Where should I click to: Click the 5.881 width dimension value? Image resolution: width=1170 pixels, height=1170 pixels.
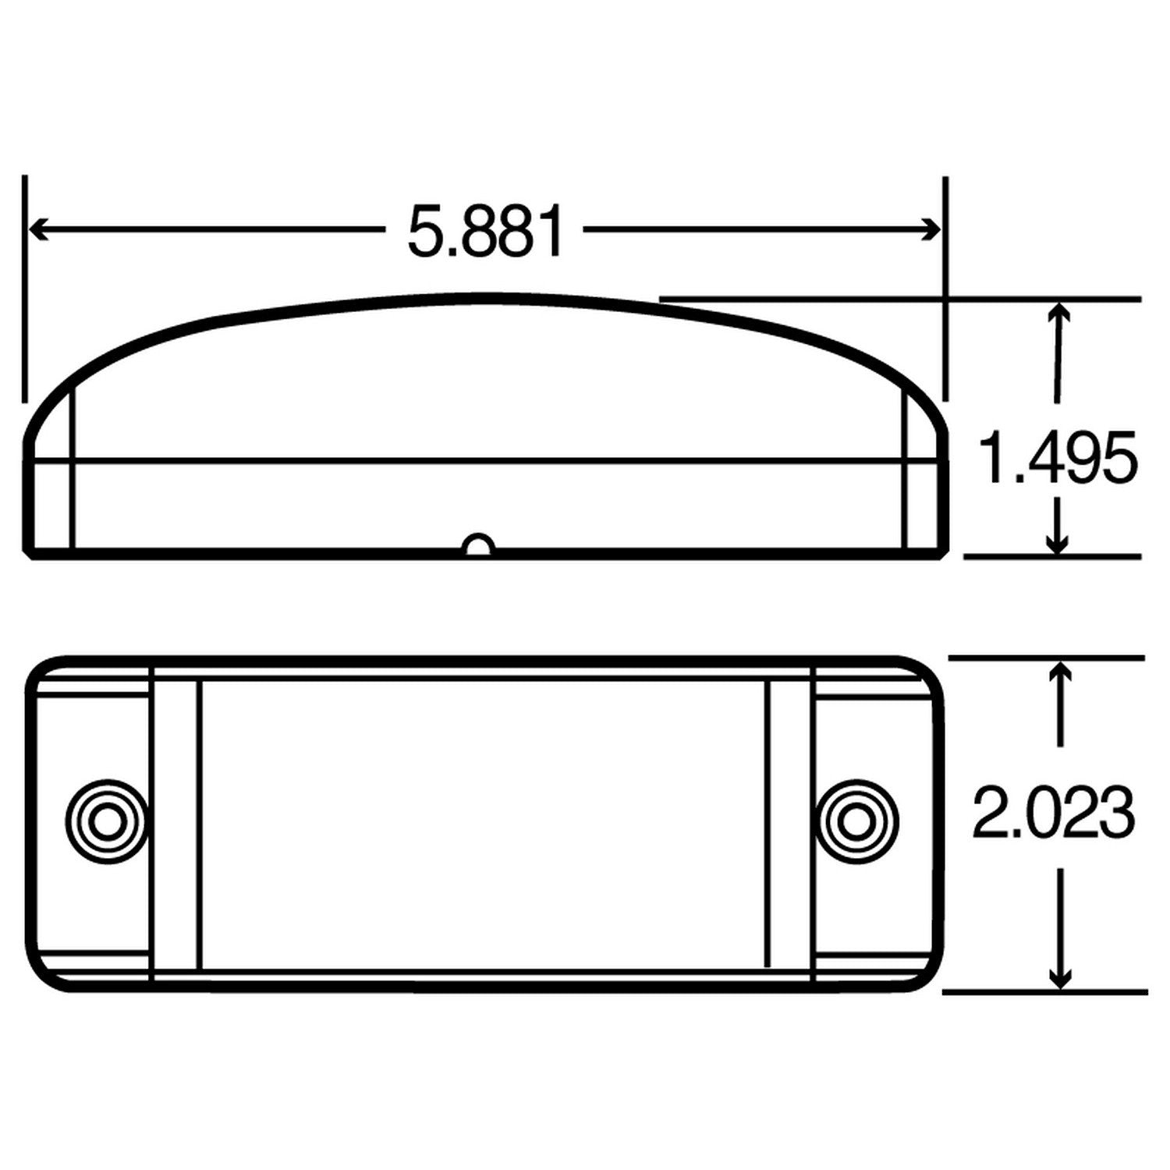tap(485, 232)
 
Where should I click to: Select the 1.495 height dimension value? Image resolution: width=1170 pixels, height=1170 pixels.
tap(1058, 459)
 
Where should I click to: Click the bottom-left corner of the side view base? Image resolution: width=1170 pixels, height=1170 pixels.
tap(30, 555)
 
